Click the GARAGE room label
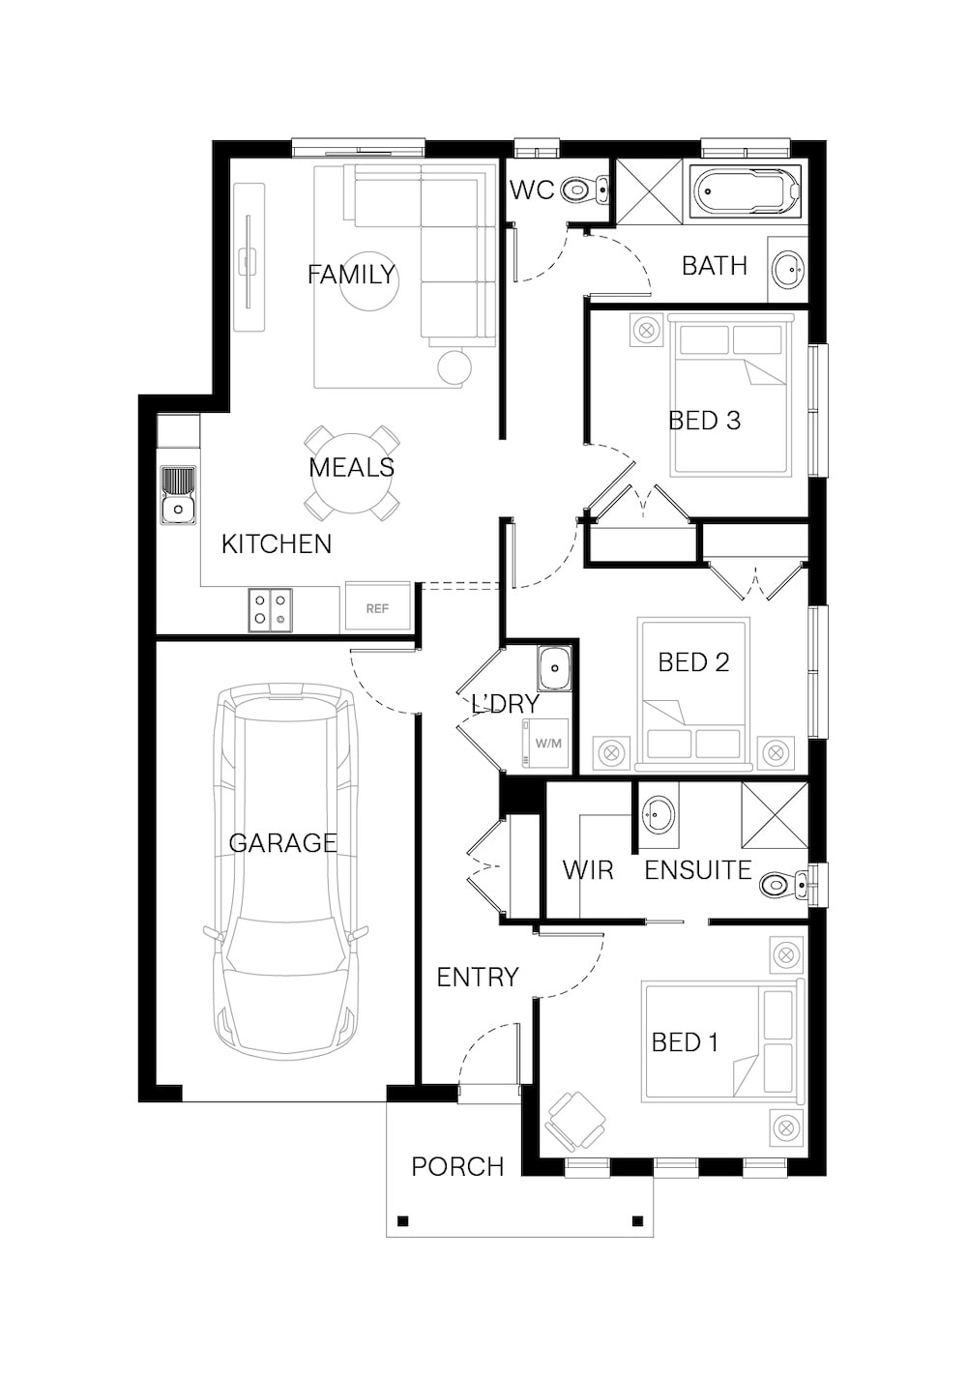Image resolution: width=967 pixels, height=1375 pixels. (282, 842)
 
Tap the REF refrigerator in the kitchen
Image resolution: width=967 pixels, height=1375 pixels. (377, 606)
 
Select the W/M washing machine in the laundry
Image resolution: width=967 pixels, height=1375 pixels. (544, 744)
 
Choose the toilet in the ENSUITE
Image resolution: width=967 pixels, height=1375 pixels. (782, 885)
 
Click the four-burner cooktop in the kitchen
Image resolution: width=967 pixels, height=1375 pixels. (270, 609)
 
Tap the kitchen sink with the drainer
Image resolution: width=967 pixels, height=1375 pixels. (179, 495)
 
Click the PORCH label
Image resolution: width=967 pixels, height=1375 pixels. (457, 1166)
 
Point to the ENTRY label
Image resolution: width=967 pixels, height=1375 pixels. (478, 977)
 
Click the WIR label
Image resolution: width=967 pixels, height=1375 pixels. (588, 870)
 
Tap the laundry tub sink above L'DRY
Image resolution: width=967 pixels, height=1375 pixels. (554, 667)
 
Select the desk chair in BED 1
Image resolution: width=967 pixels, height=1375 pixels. (575, 1120)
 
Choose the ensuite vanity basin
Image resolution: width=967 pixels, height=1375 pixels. (659, 814)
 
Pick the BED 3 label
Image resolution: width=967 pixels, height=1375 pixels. (704, 421)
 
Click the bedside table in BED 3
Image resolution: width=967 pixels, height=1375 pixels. (647, 331)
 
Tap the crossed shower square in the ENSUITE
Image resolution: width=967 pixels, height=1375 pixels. (775, 815)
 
